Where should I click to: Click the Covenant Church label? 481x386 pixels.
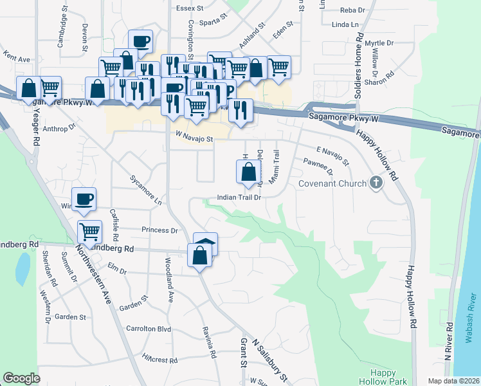tap(332, 183)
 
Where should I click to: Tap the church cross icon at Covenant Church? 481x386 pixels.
tap(376, 183)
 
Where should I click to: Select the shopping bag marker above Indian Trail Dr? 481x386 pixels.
tap(248, 172)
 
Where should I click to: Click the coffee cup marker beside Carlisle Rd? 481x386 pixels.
tap(83, 200)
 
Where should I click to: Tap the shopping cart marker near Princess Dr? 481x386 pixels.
tap(89, 231)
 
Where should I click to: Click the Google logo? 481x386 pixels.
tap(21, 378)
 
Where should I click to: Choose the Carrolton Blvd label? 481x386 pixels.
tap(149, 329)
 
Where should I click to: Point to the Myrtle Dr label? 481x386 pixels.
tap(379, 43)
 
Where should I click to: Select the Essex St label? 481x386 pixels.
tap(190, 9)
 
